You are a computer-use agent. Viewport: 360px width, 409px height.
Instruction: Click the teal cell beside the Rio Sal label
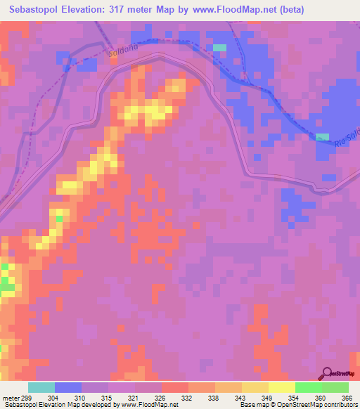(322, 136)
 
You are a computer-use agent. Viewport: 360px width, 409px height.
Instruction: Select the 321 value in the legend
(135, 398)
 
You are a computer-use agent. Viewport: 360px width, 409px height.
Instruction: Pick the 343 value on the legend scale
(242, 398)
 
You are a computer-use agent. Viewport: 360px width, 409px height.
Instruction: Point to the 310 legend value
(82, 398)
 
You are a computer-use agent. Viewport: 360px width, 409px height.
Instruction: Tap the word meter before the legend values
(9, 398)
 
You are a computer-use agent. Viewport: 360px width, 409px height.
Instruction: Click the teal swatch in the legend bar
(41, 387)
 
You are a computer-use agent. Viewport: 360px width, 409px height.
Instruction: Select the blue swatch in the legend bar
(68, 387)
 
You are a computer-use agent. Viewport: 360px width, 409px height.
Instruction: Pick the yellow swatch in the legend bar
(282, 387)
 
